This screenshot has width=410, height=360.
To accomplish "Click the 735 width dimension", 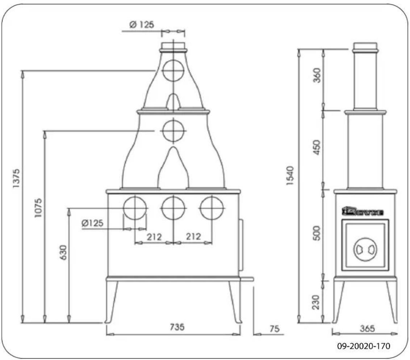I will [x=177, y=327].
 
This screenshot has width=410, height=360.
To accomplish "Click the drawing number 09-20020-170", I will [x=364, y=346].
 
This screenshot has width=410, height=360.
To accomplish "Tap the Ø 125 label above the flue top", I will [x=142, y=25].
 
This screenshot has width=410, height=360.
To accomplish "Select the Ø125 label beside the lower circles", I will [x=93, y=223].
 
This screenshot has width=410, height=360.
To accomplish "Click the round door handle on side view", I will [x=364, y=249].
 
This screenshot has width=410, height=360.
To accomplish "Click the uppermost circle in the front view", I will [x=173, y=70].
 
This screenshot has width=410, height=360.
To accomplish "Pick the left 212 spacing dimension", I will [x=154, y=236].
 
